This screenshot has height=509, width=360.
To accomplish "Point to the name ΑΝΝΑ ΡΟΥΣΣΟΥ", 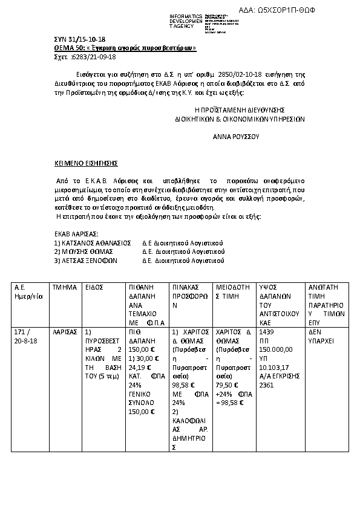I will [x=236, y=137].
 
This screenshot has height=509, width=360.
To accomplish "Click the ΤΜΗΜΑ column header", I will [x=64, y=287].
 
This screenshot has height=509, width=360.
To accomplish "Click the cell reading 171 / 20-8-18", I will [x=25, y=337].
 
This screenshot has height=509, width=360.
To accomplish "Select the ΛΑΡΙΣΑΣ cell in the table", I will [x=64, y=332].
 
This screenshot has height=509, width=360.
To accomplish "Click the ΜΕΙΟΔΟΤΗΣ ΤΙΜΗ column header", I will [x=233, y=292].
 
